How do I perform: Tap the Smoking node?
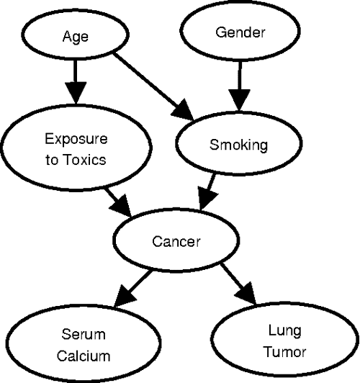pyautogui.click(x=238, y=145)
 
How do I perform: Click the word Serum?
pyautogui.click(x=83, y=335)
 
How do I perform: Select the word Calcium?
pyautogui.click(x=83, y=355)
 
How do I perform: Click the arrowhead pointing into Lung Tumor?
pyautogui.click(x=246, y=293)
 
